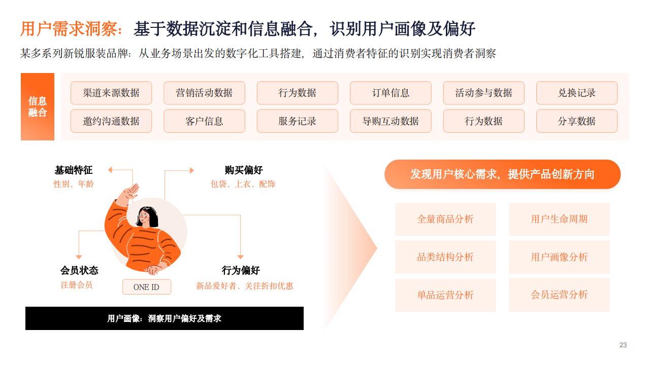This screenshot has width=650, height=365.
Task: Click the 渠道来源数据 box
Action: [111, 93]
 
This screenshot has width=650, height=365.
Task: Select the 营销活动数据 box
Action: [204, 93]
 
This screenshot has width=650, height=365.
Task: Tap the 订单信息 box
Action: [391, 93]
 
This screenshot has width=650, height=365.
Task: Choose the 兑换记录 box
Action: [577, 93]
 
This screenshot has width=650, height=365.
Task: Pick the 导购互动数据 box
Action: [391, 121]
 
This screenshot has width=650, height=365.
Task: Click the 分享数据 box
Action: [577, 121]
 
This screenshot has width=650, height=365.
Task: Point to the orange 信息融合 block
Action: [38, 106]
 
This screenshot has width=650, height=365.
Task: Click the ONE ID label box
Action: [147, 287]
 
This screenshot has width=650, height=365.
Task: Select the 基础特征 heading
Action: [74, 170]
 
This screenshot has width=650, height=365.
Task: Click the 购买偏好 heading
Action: [244, 170]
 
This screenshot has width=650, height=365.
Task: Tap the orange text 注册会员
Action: [77, 285]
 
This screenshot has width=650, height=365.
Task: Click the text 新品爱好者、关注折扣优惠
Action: [245, 286]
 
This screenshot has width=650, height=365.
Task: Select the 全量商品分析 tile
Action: [445, 219]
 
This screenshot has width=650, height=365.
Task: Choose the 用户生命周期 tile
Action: [559, 219]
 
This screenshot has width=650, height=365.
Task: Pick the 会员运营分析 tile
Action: [559, 295]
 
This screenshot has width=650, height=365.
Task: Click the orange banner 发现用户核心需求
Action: [502, 174]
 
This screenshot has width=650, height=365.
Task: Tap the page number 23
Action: [623, 345]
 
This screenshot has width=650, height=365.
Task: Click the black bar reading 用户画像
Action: [165, 318]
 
